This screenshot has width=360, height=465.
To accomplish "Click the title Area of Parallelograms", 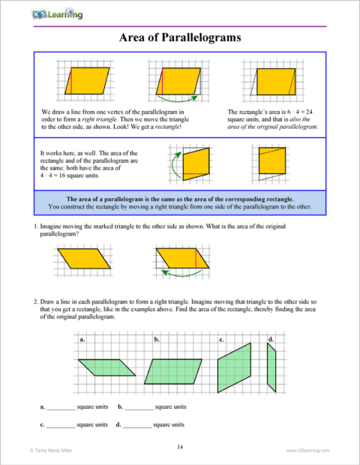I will (x=179, y=38).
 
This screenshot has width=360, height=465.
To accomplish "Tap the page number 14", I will (x=180, y=447).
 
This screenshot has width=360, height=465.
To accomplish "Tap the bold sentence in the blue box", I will (x=179, y=198).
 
